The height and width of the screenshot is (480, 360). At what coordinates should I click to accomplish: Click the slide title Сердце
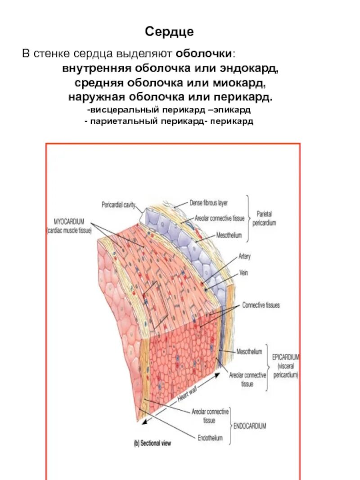click(169, 31)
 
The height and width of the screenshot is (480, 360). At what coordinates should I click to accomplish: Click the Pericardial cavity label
click(118, 204)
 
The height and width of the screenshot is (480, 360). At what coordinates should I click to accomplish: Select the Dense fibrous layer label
click(208, 203)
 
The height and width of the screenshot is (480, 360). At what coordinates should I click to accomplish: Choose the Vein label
click(244, 273)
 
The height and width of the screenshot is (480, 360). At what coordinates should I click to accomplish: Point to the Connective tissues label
click(261, 305)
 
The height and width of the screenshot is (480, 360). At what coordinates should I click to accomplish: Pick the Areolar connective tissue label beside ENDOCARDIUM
click(210, 416)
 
